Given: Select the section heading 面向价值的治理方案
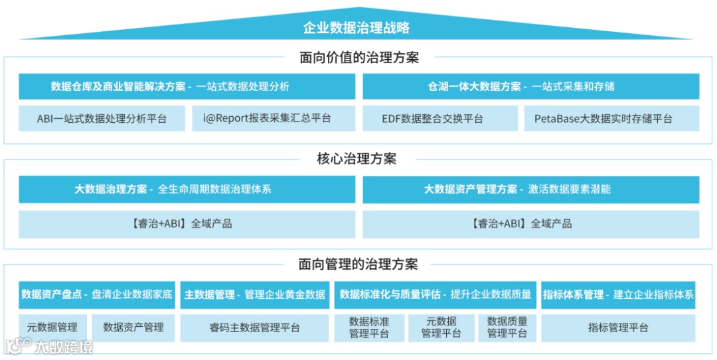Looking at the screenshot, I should pyautogui.click(x=358, y=58).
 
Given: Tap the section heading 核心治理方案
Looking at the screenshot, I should pyautogui.click(x=357, y=159).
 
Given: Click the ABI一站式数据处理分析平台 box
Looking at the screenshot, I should pyautogui.click(x=102, y=119).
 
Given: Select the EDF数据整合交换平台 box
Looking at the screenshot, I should pyautogui.click(x=440, y=119).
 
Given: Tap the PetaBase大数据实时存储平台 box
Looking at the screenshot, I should pyautogui.click(x=611, y=119).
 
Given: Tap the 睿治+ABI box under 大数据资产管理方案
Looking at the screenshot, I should pyautogui.click(x=530, y=224).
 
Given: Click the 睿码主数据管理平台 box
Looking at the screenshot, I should pyautogui.click(x=254, y=327).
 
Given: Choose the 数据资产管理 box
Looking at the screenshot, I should pyautogui.click(x=133, y=327).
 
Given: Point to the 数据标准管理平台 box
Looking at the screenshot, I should pyautogui.click(x=369, y=327).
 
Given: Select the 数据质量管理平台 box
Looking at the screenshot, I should pyautogui.click(x=507, y=327).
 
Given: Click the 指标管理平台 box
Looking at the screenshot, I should pyautogui.click(x=617, y=327).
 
